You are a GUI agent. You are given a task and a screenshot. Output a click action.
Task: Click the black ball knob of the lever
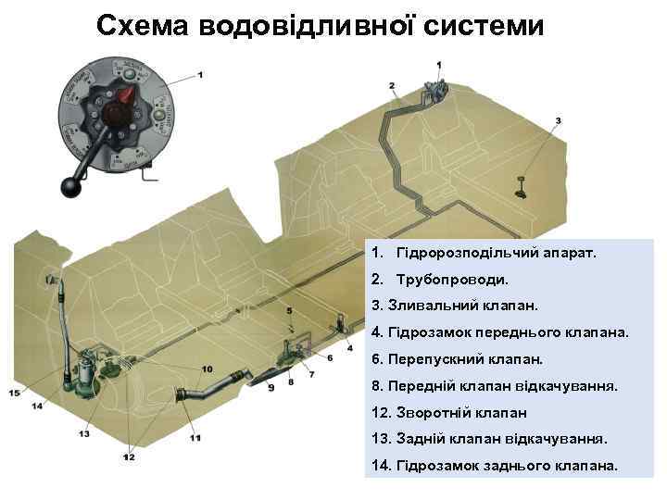pyautogui.click(x=71, y=187)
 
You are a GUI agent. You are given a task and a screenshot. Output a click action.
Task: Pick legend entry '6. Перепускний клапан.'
pyautogui.click(x=456, y=357)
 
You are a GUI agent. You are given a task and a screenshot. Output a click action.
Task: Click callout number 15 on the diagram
pyautogui.click(x=14, y=393)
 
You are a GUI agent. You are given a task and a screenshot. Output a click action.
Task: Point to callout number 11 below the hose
pyautogui.click(x=195, y=437)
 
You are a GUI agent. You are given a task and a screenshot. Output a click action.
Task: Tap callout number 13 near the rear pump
pyautogui.click(x=84, y=433)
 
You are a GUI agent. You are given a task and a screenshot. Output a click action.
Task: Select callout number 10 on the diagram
pyautogui.click(x=206, y=369)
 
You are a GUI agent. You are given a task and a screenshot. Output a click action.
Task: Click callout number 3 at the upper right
pyautogui.click(x=558, y=121)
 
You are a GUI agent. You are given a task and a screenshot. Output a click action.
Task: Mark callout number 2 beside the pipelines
pyautogui.click(x=393, y=86)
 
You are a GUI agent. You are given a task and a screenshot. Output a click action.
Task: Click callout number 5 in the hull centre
pyautogui.click(x=289, y=310)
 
